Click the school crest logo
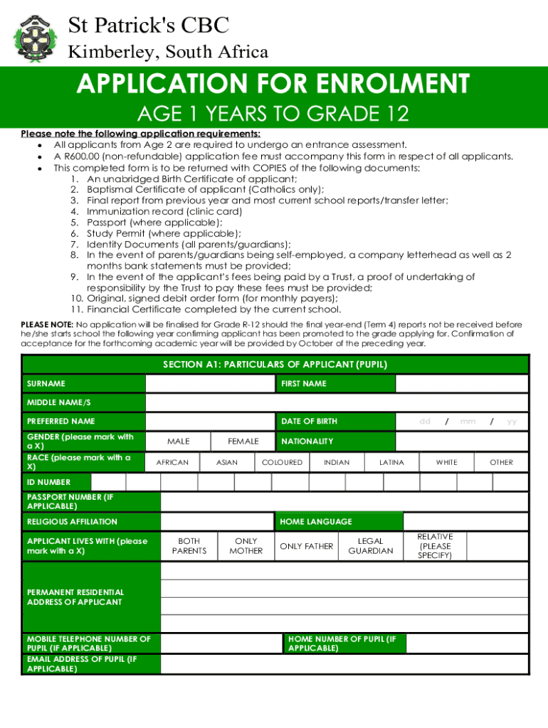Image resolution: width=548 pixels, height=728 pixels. [33, 36]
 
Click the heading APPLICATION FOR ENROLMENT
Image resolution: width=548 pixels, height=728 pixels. [273, 85]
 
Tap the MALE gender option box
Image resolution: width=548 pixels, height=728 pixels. [178, 441]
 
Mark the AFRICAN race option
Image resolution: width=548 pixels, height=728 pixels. [172, 462]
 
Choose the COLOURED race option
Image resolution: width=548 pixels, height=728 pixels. [282, 462]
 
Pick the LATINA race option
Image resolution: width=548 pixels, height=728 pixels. [391, 462]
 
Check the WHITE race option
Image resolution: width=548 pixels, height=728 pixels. [446, 462]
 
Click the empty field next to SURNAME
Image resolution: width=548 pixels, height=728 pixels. [210, 384]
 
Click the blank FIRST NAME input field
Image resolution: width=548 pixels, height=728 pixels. [461, 384]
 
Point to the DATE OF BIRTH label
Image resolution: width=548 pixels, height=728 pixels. [309, 422]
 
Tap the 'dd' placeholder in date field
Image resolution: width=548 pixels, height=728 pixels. [425, 422]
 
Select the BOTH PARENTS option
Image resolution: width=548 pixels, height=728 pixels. [189, 546]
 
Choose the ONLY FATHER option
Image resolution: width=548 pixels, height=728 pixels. [306, 546]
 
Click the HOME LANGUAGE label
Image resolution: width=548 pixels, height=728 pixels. [315, 522]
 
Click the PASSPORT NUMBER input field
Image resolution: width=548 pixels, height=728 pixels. [344, 501]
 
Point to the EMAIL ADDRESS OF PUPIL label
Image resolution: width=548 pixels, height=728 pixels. [81, 664]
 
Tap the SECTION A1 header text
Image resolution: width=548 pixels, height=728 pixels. [275, 365]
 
